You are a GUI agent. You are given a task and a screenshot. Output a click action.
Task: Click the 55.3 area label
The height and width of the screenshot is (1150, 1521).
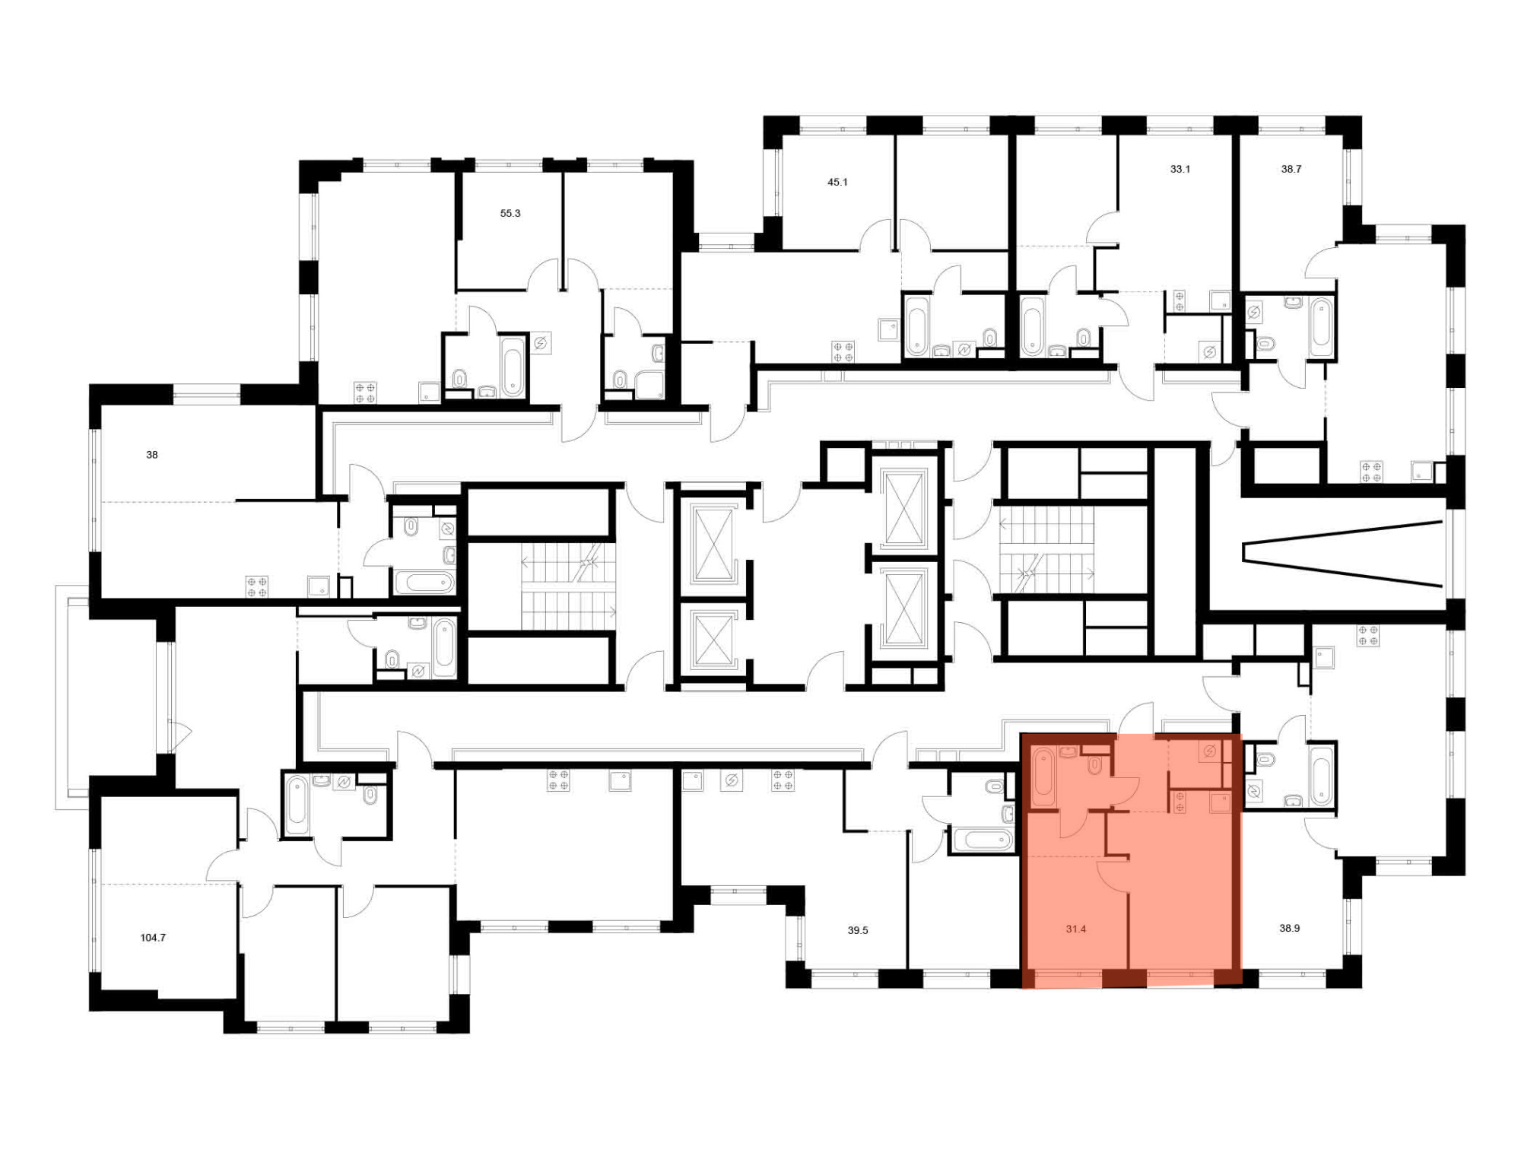pos(510,214)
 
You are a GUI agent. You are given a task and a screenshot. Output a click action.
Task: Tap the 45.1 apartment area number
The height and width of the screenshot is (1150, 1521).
pos(837,183)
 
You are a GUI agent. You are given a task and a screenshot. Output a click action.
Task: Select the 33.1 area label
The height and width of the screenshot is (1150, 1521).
pos(1180,170)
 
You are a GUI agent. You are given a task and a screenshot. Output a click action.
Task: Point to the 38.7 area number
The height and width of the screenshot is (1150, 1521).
pos(1291,170)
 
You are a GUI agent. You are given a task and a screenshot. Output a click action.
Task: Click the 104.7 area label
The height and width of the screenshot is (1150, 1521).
pos(153,938)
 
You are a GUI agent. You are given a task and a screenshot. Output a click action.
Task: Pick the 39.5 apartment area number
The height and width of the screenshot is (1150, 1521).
pos(858,930)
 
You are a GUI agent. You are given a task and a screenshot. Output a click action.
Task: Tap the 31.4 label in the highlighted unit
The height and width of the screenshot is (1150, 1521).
pos(1076,929)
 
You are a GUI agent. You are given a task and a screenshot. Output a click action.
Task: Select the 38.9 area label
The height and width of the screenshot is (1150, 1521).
pos(1290,928)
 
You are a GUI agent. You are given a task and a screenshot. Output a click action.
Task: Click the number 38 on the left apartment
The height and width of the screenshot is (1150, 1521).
pos(152,455)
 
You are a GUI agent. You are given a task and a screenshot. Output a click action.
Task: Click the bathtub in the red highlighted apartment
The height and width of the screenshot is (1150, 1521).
pos(1043,777)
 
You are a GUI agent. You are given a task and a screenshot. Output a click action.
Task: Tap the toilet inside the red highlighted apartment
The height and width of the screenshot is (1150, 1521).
pos(1095,764)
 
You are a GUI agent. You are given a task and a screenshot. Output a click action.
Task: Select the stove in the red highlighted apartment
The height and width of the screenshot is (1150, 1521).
pos(1180,802)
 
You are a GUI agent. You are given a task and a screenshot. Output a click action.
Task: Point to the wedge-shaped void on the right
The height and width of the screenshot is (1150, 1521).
pos(1343,554)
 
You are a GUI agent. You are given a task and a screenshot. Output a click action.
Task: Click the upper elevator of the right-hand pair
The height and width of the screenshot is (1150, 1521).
pos(905,508)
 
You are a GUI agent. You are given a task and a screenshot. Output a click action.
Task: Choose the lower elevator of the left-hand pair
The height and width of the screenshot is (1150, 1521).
pos(713,640)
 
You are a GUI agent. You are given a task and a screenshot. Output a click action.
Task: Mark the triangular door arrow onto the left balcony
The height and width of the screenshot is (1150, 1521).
pos(182,733)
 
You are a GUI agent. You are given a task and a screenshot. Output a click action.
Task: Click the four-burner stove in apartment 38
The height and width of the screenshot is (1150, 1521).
pos(256,586)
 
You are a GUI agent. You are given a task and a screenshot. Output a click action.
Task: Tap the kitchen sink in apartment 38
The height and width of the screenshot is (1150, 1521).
pos(319,586)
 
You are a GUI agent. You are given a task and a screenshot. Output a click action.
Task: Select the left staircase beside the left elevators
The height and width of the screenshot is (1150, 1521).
pos(568,586)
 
